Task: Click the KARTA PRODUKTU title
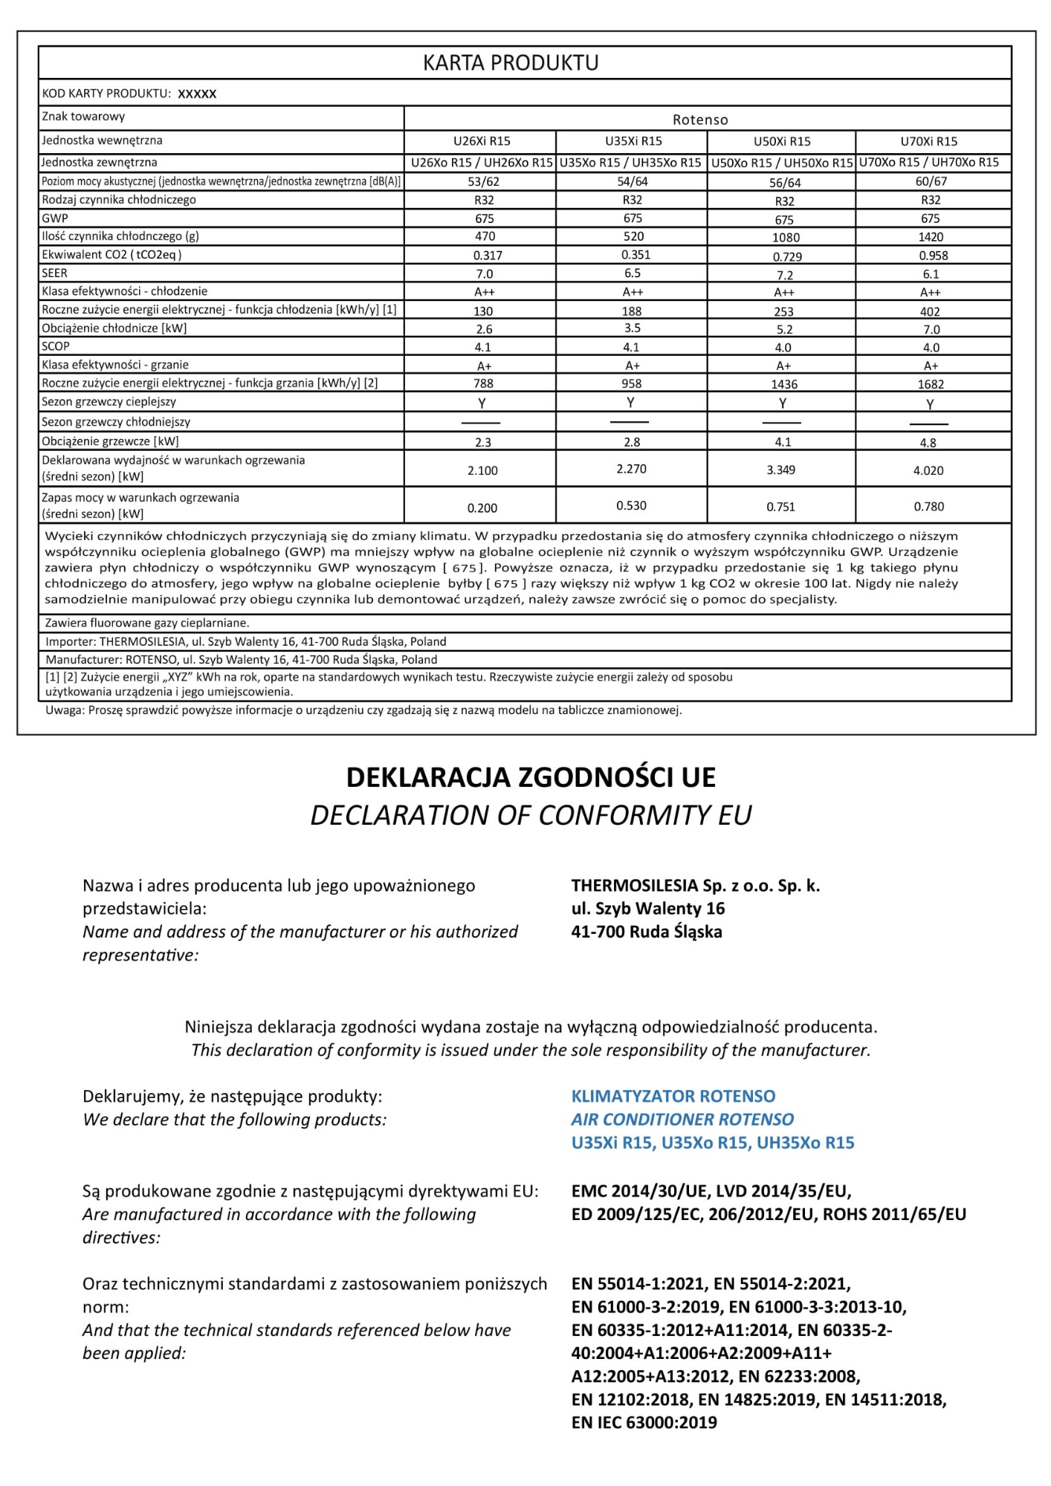coord(511,63)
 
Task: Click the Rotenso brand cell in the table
coord(700,120)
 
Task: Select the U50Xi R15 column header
coord(782,141)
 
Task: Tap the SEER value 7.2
coord(784,275)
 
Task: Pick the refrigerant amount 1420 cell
coord(931,237)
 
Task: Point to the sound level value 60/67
coord(931,181)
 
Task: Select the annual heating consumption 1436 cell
coord(784,384)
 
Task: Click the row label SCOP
coord(56,346)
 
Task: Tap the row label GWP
coord(55,218)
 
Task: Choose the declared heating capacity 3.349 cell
coord(781,470)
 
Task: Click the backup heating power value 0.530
coord(632,505)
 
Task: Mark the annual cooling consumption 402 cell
coord(930,312)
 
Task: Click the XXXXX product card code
coord(198,94)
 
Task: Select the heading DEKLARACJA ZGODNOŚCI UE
coord(531,777)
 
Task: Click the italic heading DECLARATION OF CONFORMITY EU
coord(531,815)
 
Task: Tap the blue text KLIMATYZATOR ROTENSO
coord(673,1096)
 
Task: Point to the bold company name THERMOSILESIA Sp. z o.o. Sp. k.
coord(695,886)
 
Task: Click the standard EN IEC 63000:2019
coord(644,1422)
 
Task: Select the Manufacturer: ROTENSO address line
coord(242,660)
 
